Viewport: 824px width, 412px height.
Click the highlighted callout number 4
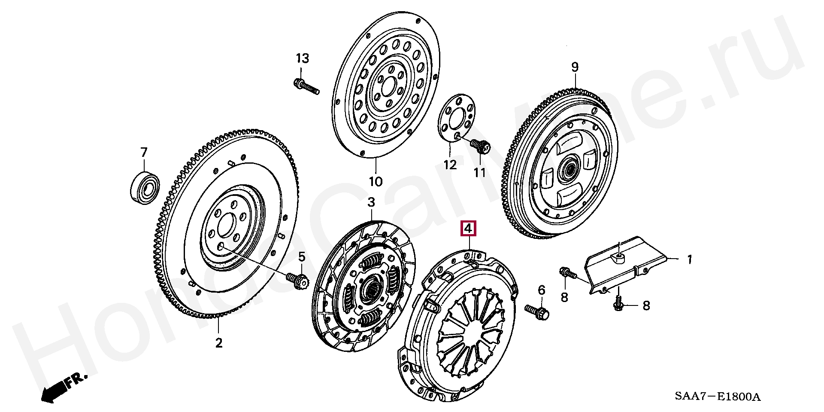coord(468,229)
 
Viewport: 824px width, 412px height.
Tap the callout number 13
coord(302,58)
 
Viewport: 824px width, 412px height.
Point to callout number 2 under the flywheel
coord(219,343)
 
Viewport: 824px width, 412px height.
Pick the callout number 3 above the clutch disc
coord(371,202)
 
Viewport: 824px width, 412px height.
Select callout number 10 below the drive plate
coord(376,182)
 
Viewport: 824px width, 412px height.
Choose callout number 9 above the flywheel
coord(575,67)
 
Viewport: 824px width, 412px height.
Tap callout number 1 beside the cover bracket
coord(689,259)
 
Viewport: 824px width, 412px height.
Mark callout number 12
coord(450,165)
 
